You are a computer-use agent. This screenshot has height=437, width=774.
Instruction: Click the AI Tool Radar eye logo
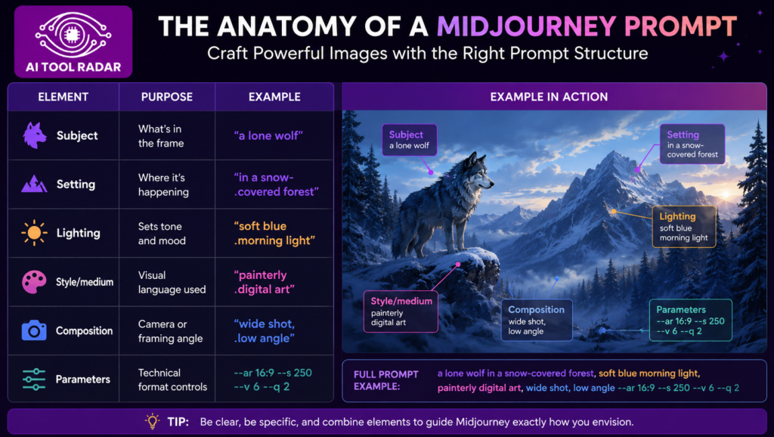(73, 35)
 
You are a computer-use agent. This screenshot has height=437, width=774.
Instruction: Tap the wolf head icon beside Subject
(34, 135)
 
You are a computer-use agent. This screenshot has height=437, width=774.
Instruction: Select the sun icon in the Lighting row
(34, 233)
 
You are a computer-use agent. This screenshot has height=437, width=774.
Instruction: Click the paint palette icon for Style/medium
(34, 282)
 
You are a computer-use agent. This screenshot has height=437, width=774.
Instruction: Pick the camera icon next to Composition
(34, 330)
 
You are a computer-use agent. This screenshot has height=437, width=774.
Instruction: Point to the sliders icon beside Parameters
(34, 380)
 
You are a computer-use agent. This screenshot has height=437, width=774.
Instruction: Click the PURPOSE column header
(167, 97)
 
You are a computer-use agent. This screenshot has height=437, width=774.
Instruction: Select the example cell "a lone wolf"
(268, 135)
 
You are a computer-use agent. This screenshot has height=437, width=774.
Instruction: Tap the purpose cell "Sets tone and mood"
(162, 234)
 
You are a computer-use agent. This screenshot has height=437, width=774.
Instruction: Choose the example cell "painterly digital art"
(264, 282)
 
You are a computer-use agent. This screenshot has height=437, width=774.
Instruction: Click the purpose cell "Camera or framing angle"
(170, 331)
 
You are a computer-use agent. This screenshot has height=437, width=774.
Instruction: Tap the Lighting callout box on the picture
(683, 227)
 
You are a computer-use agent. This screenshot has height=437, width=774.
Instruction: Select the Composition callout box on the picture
(537, 320)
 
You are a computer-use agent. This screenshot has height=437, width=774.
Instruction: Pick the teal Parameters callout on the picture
(690, 320)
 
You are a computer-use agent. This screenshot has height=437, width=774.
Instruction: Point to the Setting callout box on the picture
(692, 144)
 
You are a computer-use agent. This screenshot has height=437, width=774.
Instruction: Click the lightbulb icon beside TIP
(153, 421)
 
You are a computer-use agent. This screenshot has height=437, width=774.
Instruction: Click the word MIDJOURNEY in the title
(526, 26)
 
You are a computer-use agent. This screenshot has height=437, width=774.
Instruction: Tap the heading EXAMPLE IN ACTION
(549, 97)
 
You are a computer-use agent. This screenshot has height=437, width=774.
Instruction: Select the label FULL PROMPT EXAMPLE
(386, 380)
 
